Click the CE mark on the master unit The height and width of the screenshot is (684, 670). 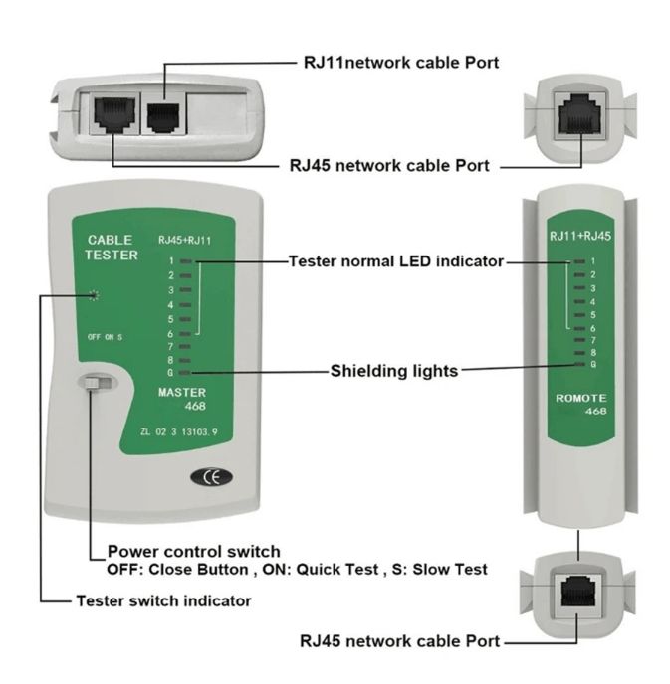[x=211, y=477]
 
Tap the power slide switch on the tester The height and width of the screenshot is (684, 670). [x=98, y=383]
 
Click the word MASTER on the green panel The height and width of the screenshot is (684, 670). [x=182, y=392]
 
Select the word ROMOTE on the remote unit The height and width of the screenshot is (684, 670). [x=581, y=398]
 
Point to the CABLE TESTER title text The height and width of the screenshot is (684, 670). [x=112, y=247]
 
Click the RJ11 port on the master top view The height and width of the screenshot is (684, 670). [x=163, y=117]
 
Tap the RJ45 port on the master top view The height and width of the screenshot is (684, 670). [x=114, y=114]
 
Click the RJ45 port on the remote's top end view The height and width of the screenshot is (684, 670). [x=580, y=116]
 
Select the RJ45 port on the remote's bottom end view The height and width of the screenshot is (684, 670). [x=578, y=592]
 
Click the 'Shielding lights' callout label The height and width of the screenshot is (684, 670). [x=394, y=371]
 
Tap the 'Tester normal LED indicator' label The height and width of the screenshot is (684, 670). [x=396, y=261]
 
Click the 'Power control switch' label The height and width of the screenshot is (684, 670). [x=193, y=551]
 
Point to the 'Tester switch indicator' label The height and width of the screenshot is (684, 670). [x=164, y=600]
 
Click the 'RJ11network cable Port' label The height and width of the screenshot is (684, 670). [x=401, y=63]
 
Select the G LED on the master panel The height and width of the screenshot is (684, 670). [x=185, y=373]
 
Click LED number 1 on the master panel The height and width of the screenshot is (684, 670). [x=186, y=261]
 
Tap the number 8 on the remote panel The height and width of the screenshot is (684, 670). [x=593, y=353]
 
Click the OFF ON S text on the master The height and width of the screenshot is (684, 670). [x=105, y=337]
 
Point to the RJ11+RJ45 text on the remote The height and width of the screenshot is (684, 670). [x=580, y=236]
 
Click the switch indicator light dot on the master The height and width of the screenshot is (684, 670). [x=93, y=295]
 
